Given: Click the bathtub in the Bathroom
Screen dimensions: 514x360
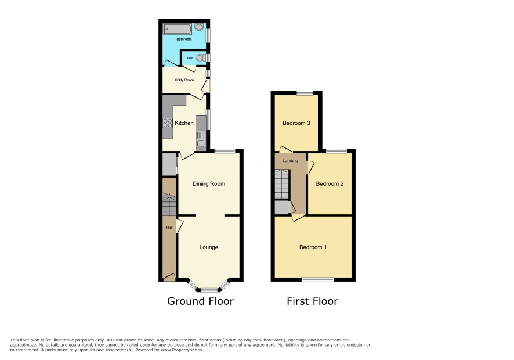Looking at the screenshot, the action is click(x=178, y=29).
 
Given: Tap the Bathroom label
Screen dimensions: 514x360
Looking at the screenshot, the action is click(x=184, y=39).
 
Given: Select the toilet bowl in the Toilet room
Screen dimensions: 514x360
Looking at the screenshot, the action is click(x=200, y=57).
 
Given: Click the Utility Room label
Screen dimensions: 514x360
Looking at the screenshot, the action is click(x=184, y=80).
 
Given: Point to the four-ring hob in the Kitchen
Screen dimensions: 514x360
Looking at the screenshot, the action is click(x=168, y=123).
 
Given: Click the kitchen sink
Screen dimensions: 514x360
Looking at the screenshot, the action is click(x=201, y=139).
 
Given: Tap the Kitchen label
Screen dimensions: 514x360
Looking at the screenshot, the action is click(x=184, y=123).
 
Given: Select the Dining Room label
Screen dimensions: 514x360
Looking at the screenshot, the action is click(x=209, y=183).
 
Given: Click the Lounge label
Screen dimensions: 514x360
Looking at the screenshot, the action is click(x=209, y=247).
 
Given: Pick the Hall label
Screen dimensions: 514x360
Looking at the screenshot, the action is click(x=169, y=228).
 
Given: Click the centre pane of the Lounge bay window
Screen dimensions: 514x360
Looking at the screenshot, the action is click(x=209, y=290).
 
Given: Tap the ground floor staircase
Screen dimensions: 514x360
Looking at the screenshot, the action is click(x=169, y=204).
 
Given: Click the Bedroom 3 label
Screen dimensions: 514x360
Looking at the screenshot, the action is click(x=296, y=123).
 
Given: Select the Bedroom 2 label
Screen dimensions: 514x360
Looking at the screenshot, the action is click(x=330, y=183).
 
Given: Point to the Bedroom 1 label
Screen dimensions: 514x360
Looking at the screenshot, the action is click(x=313, y=247).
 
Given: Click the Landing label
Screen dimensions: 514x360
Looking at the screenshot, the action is click(x=291, y=160).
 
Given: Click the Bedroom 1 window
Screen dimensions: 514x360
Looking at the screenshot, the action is click(x=318, y=280).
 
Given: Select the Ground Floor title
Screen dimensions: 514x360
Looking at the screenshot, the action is click(x=201, y=301).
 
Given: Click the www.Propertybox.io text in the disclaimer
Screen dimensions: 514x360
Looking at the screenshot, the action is click(x=181, y=350).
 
